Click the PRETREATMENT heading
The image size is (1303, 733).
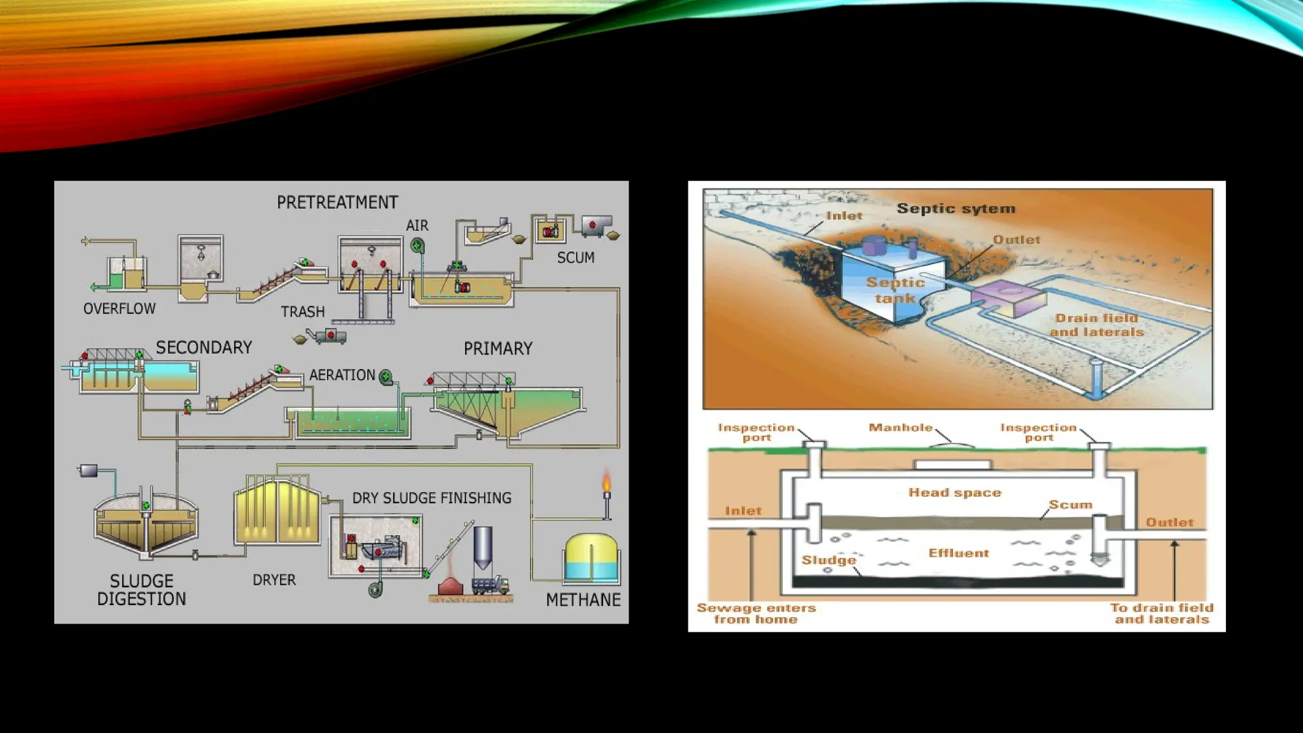[x=337, y=202]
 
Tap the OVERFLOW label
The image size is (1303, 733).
[x=120, y=309]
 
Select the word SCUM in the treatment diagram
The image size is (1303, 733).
[x=576, y=258]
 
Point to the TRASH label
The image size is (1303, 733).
[x=303, y=312]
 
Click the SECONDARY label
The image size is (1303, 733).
[x=204, y=347]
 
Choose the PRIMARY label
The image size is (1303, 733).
[x=498, y=349]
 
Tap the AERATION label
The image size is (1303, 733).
[x=342, y=375]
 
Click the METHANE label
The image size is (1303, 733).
[x=583, y=600]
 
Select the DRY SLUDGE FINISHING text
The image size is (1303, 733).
[x=432, y=498]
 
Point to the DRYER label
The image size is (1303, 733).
[x=274, y=580]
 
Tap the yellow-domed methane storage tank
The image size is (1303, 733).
[x=591, y=557]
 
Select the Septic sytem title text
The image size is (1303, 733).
[x=956, y=209]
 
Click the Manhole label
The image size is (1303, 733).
[x=900, y=428]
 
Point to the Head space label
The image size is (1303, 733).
[x=954, y=492]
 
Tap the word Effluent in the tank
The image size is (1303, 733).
[x=959, y=553]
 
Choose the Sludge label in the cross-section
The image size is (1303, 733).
[x=828, y=560]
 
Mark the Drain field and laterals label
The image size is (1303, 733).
[x=1096, y=325]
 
